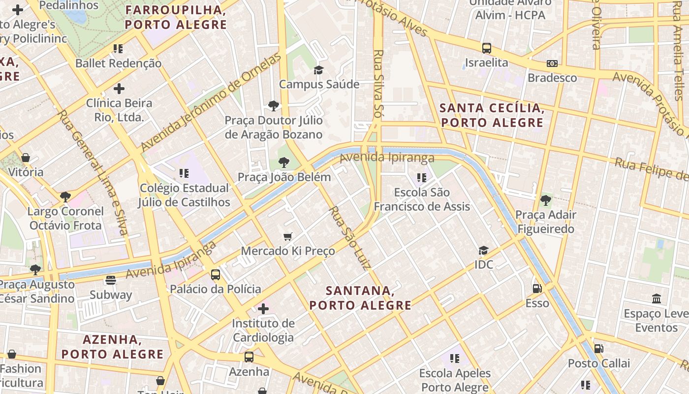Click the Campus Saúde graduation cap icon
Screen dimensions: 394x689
coord(319,70)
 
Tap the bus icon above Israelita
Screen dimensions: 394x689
coord(487,48)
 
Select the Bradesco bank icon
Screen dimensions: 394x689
coord(552,64)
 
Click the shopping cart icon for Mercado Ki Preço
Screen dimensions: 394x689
coord(288,237)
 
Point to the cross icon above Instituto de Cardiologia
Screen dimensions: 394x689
coord(263,309)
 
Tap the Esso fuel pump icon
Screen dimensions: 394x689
coord(537,289)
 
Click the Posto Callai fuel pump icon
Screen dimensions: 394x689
coord(599,349)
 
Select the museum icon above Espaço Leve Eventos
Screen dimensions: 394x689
coord(657,299)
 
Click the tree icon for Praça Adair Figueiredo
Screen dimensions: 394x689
coord(545,200)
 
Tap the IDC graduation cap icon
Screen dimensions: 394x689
coord(484,250)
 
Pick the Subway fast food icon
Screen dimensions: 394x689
coord(111,280)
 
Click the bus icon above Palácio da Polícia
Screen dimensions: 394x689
coord(216,274)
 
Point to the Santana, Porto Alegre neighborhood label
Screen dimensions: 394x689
coord(360,298)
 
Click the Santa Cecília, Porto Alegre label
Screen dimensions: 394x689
coord(492,115)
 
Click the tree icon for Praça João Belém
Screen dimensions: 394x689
coord(284,162)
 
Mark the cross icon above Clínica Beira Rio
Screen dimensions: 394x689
coord(119,89)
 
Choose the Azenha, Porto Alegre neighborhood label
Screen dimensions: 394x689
coord(112,347)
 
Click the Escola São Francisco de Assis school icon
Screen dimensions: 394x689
coord(422,177)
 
